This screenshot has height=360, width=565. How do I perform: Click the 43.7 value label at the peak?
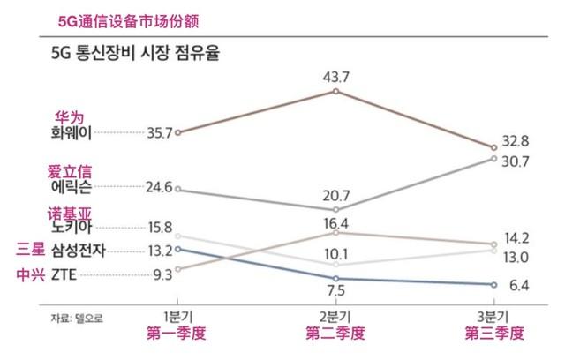click(337, 77)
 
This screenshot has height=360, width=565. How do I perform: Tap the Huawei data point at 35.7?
click(178, 132)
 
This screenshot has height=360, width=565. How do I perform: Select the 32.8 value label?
click(514, 140)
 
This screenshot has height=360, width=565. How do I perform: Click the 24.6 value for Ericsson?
click(158, 187)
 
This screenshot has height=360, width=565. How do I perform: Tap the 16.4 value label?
click(336, 222)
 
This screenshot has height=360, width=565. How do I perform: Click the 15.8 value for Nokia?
click(158, 228)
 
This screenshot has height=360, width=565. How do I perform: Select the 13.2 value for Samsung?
click(158, 250)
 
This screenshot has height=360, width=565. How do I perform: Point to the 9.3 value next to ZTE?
click(162, 274)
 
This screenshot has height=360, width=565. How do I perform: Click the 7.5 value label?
click(337, 292)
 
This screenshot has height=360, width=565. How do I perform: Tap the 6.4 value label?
click(515, 285)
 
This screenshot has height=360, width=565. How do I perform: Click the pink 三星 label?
click(28, 249)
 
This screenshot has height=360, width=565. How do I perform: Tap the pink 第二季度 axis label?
click(336, 334)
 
